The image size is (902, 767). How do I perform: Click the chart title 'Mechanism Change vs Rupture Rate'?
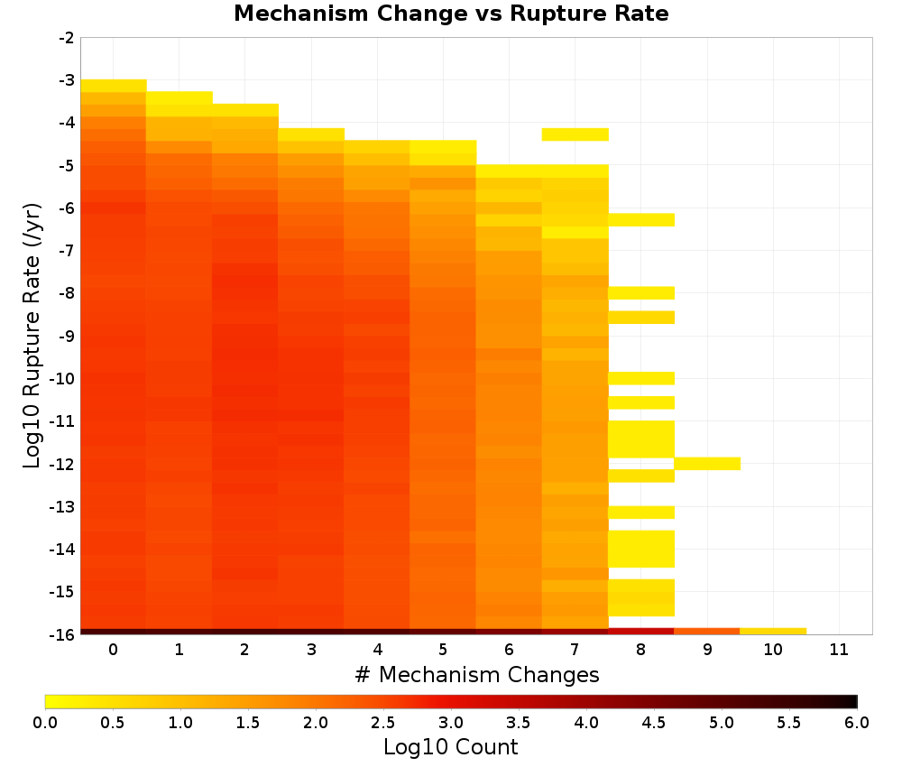tap(451, 14)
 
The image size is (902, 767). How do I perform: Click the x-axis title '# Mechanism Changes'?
tap(477, 674)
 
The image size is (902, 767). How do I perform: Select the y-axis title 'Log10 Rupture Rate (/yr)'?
tap(32, 336)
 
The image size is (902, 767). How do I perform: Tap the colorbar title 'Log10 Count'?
tap(450, 747)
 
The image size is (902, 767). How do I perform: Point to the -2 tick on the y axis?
tap(66, 38)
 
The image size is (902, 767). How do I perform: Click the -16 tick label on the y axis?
tap(62, 634)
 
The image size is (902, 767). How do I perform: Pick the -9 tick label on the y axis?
tap(66, 336)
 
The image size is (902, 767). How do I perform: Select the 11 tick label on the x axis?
tap(839, 650)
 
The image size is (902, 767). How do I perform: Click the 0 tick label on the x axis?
tap(114, 650)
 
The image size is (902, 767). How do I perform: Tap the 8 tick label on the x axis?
tap(640, 650)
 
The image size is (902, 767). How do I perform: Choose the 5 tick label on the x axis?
tap(443, 650)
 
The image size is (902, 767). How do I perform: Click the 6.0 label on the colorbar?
tap(857, 722)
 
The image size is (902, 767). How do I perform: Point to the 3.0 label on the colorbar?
tap(450, 722)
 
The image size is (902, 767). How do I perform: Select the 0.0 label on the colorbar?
tap(45, 722)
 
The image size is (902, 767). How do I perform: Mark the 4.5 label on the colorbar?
tap(653, 722)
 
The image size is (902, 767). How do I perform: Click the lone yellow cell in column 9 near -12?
tap(707, 463)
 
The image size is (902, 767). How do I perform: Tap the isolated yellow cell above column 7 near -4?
tap(575, 134)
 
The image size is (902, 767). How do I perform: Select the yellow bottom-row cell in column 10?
tap(773, 632)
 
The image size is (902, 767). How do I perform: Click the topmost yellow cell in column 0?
tap(114, 86)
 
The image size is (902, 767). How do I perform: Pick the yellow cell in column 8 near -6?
tap(641, 220)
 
